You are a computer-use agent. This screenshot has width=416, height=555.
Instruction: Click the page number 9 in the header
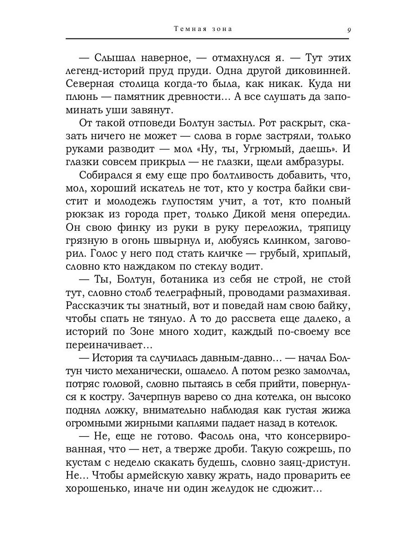click(349, 30)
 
